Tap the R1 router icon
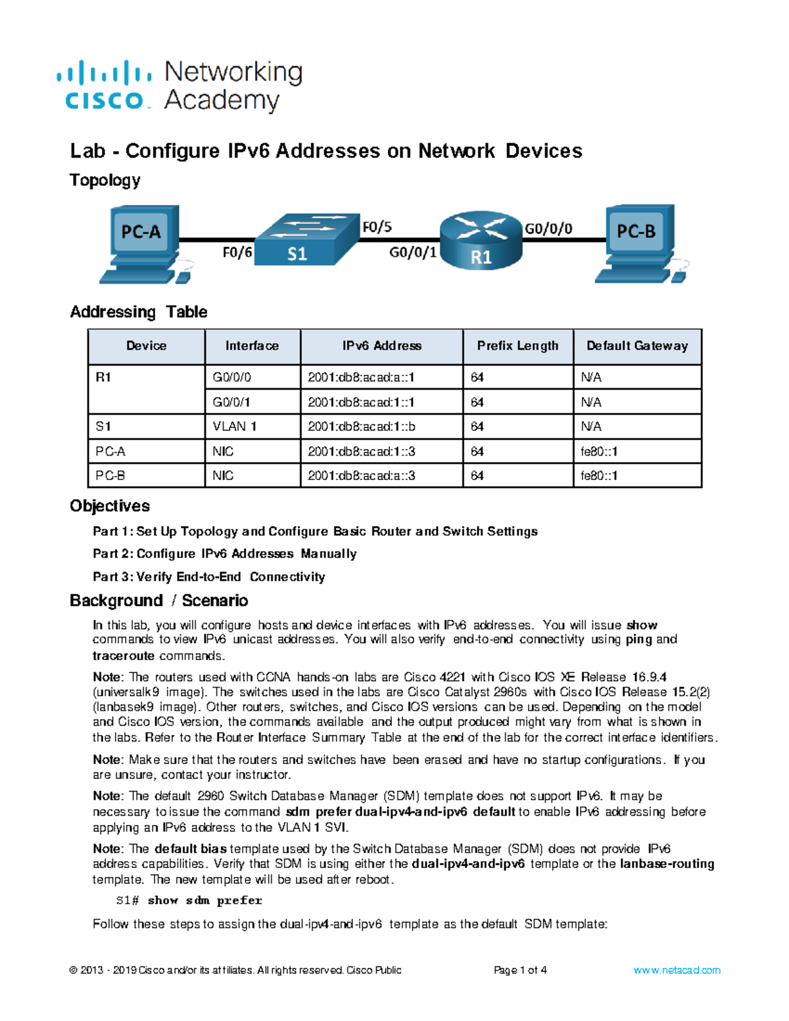tap(481, 241)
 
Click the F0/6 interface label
tap(237, 252)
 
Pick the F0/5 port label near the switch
tap(377, 227)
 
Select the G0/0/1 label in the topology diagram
tap(413, 252)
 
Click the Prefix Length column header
tap(517, 346)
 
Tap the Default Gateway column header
tap(636, 346)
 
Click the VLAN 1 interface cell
tap(235, 427)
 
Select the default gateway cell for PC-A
tap(599, 452)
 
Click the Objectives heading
tap(110, 506)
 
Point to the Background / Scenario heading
tap(158, 600)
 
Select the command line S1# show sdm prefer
tap(189, 900)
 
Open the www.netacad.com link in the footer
tap(677, 970)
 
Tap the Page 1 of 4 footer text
tap(520, 970)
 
